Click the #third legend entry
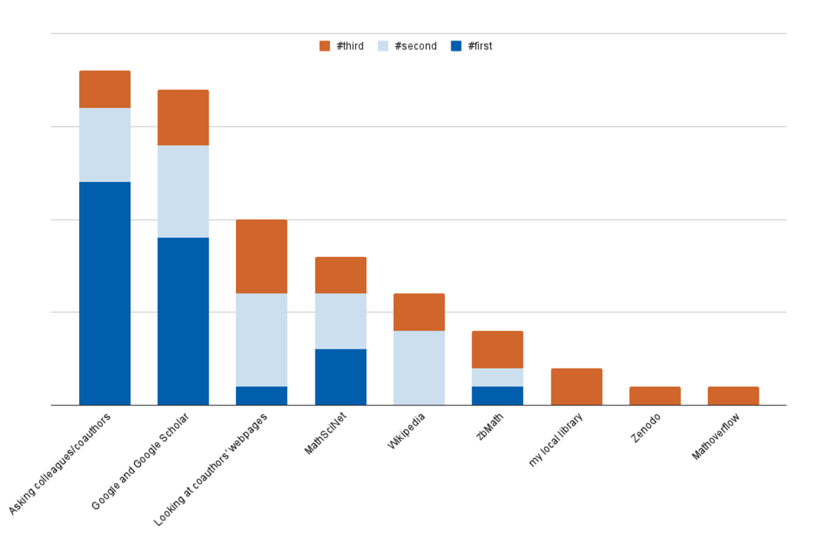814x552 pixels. (342, 46)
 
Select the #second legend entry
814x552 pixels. (407, 46)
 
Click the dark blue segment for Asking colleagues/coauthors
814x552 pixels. (105, 293)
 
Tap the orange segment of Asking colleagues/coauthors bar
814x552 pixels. (105, 90)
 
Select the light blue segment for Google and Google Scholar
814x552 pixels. (184, 191)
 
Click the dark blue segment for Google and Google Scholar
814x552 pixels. (184, 321)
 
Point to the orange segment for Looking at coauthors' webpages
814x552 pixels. (262, 256)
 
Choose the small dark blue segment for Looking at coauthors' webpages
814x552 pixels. (262, 396)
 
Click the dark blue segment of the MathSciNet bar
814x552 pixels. (340, 377)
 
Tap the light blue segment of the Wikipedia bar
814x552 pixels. (419, 368)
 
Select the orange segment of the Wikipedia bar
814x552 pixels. (419, 312)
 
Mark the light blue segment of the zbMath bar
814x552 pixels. (497, 377)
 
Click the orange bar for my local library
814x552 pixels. (576, 386)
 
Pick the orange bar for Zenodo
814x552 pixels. (655, 396)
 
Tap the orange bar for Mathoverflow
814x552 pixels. (733, 396)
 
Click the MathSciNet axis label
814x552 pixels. (326, 434)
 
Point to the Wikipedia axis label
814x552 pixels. (406, 432)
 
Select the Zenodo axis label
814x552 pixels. (646, 428)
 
